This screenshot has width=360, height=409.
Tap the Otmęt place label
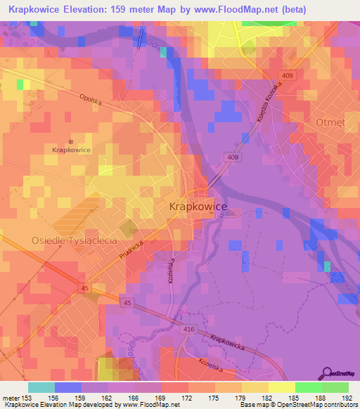[331, 121]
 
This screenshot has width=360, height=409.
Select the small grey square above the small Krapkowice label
[71, 142]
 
